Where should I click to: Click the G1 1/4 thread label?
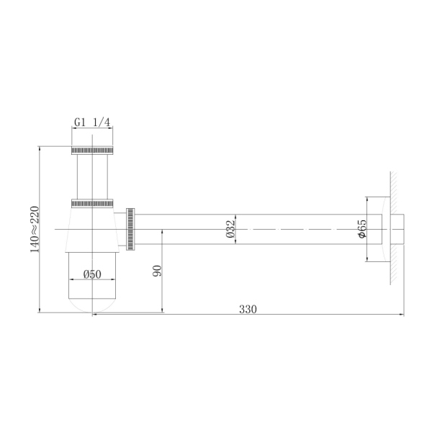tap(92, 122)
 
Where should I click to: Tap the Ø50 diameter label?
tap(91, 274)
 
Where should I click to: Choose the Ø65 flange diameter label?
tap(362, 228)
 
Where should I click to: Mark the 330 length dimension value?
tap(248, 309)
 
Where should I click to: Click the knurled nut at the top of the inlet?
tap(92, 150)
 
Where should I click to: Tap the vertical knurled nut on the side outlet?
tap(130, 229)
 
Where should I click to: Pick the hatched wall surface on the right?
tap(395, 229)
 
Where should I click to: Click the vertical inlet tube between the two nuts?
tap(92, 176)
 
